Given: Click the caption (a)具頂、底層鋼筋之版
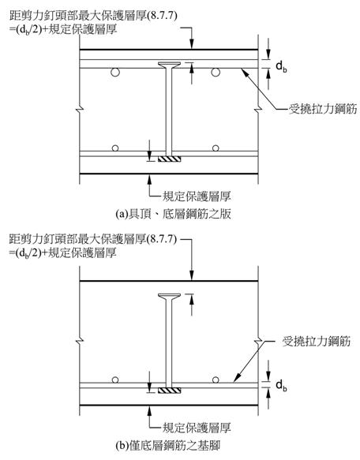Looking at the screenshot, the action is click(173, 214).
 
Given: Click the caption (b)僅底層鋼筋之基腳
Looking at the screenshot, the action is click(167, 445).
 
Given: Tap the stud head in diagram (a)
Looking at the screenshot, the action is click(170, 65).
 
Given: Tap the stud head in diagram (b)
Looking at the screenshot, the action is click(170, 297).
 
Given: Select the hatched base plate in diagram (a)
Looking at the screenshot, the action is click(170, 159).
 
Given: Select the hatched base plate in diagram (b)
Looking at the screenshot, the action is click(170, 391).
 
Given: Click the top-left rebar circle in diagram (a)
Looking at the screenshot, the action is click(115, 72).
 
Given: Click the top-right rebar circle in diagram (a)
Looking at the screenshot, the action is click(216, 72).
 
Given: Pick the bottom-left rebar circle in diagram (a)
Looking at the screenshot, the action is click(115, 148).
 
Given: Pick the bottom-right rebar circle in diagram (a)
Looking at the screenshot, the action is click(216, 148).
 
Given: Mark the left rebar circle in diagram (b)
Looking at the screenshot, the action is click(115, 380).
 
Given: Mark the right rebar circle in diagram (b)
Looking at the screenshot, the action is click(216, 380).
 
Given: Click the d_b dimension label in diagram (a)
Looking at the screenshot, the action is click(281, 66).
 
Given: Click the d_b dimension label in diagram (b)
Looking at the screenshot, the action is click(281, 385).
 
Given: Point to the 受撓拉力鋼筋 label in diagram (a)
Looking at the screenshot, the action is click(323, 109).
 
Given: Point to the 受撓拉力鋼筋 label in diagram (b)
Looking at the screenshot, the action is click(317, 341).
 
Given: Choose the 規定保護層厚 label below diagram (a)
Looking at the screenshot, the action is click(197, 196).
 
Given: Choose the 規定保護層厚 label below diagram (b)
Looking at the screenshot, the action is click(197, 428).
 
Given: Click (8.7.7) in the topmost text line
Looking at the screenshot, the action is click(163, 16).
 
